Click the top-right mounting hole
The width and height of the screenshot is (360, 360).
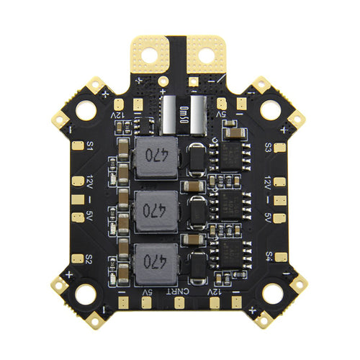(270, 109)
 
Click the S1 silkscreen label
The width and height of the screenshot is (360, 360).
(91, 145)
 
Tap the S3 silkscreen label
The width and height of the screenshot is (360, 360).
(268, 147)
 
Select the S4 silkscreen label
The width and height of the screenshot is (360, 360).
(268, 256)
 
